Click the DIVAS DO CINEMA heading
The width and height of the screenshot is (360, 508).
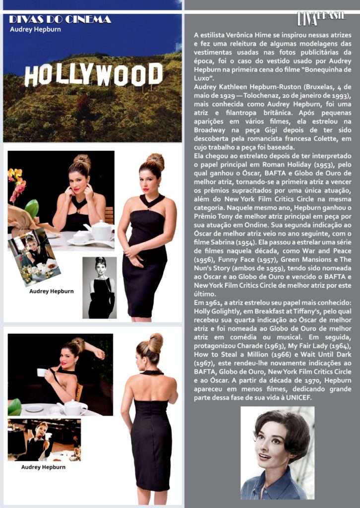click(x=60, y=20)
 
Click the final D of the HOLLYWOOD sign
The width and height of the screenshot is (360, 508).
click(x=155, y=73)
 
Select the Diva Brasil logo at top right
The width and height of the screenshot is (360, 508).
click(x=321, y=18)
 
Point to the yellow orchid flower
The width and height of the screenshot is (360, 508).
click(x=15, y=176)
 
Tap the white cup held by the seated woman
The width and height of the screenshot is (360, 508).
click(x=41, y=372)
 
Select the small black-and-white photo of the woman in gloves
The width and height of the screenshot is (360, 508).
click(x=100, y=287)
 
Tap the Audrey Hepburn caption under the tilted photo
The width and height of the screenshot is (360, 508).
click(x=51, y=291)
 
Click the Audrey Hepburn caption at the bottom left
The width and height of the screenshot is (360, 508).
click(x=43, y=467)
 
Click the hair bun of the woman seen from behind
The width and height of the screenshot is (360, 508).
click(x=155, y=342)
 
